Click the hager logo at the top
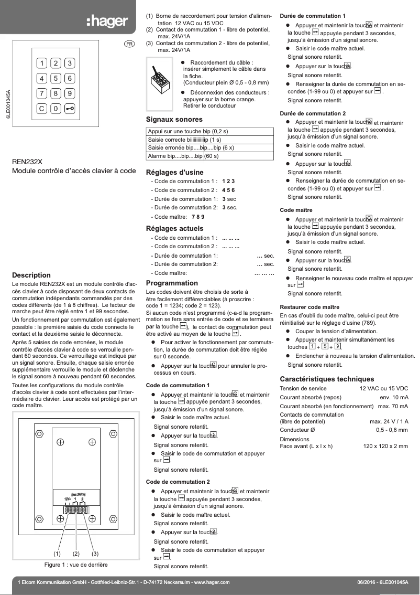point(106,21)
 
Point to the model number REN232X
point(27,162)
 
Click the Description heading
point(31,275)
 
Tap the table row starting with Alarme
point(209,156)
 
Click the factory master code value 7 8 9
point(198,216)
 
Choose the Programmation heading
point(172,283)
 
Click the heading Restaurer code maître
point(310,306)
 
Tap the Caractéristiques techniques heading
point(327,379)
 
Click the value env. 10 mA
point(394,397)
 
